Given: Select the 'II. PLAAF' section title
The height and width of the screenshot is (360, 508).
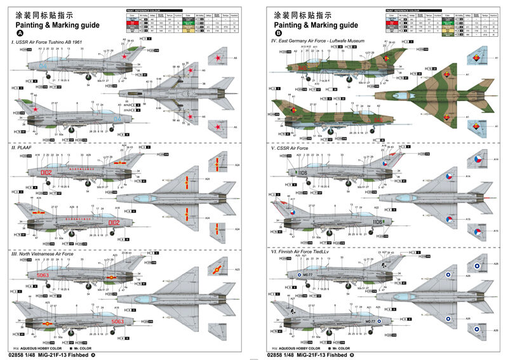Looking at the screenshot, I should [x=23, y=147].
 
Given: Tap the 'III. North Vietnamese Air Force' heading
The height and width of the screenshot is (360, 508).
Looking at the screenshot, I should [x=47, y=253].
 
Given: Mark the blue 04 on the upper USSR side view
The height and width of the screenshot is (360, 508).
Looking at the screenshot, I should [x=43, y=65].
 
